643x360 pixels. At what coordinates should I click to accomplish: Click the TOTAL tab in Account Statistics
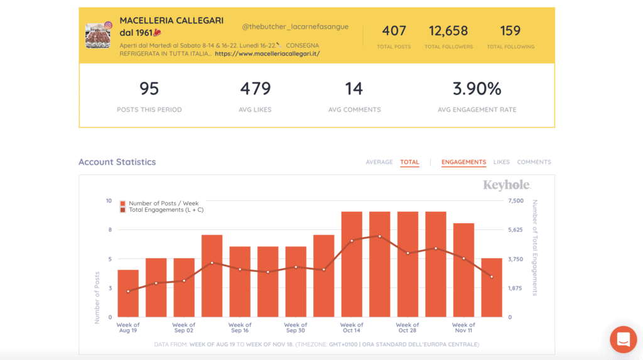409,162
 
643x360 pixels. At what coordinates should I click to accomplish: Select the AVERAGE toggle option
379,162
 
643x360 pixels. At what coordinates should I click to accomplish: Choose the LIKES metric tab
502,162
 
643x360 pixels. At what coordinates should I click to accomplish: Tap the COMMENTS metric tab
534,162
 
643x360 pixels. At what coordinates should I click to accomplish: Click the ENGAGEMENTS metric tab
463,162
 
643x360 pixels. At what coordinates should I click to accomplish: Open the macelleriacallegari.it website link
267,54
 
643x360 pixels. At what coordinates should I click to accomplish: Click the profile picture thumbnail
98,36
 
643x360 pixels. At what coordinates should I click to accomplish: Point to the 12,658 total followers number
448,31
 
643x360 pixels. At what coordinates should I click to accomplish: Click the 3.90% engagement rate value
477,89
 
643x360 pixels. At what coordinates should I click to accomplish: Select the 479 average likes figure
255,89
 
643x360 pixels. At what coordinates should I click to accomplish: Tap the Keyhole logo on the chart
506,185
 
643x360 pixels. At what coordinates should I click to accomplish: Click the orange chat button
623,340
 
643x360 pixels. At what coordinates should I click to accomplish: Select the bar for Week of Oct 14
352,264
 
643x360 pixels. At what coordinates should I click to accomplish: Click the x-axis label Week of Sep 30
296,328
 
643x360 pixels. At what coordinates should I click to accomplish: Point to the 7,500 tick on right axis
515,201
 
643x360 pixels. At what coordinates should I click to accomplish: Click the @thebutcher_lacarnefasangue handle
295,27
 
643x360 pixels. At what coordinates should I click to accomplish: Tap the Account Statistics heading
117,162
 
